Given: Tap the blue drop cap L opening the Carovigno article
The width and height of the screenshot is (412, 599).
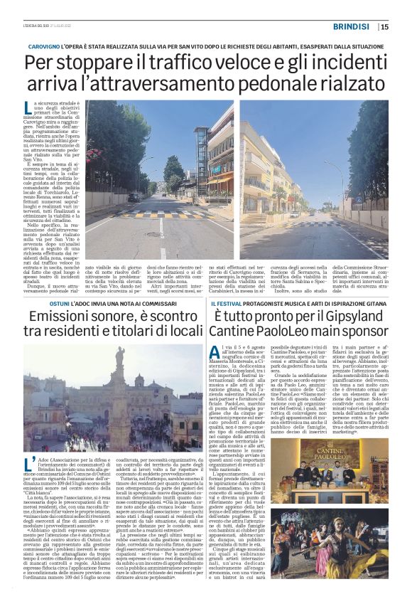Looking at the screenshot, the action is pos(48,109).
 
